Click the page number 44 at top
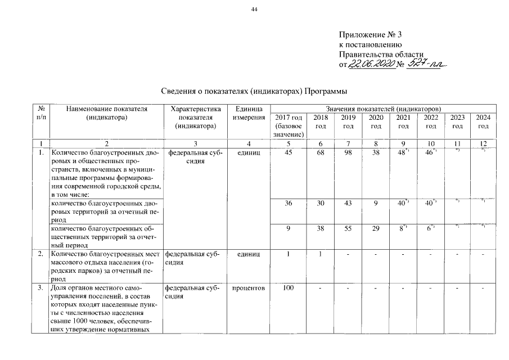254,10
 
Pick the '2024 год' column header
483,121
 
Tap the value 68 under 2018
321,152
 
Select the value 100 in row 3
289,289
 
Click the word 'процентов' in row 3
249,289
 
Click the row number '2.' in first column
40,255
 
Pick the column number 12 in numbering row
483,144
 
